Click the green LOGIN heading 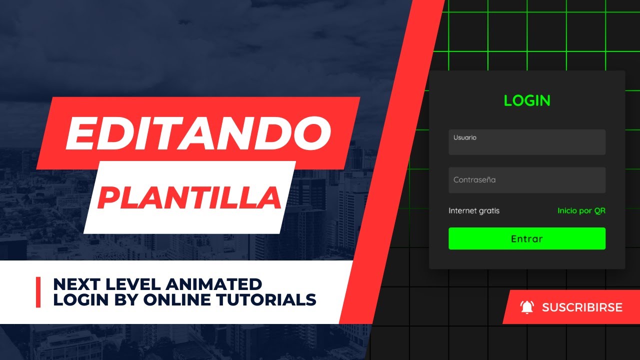(527, 100)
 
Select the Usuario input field (527, 142)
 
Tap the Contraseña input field (527, 180)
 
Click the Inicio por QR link (581, 210)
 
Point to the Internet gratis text (474, 210)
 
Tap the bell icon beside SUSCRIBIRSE (527, 307)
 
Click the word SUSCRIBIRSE (582, 307)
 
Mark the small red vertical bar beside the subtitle (38, 292)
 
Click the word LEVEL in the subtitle (131, 284)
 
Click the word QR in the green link (599, 210)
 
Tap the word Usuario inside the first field (465, 137)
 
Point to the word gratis (489, 210)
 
